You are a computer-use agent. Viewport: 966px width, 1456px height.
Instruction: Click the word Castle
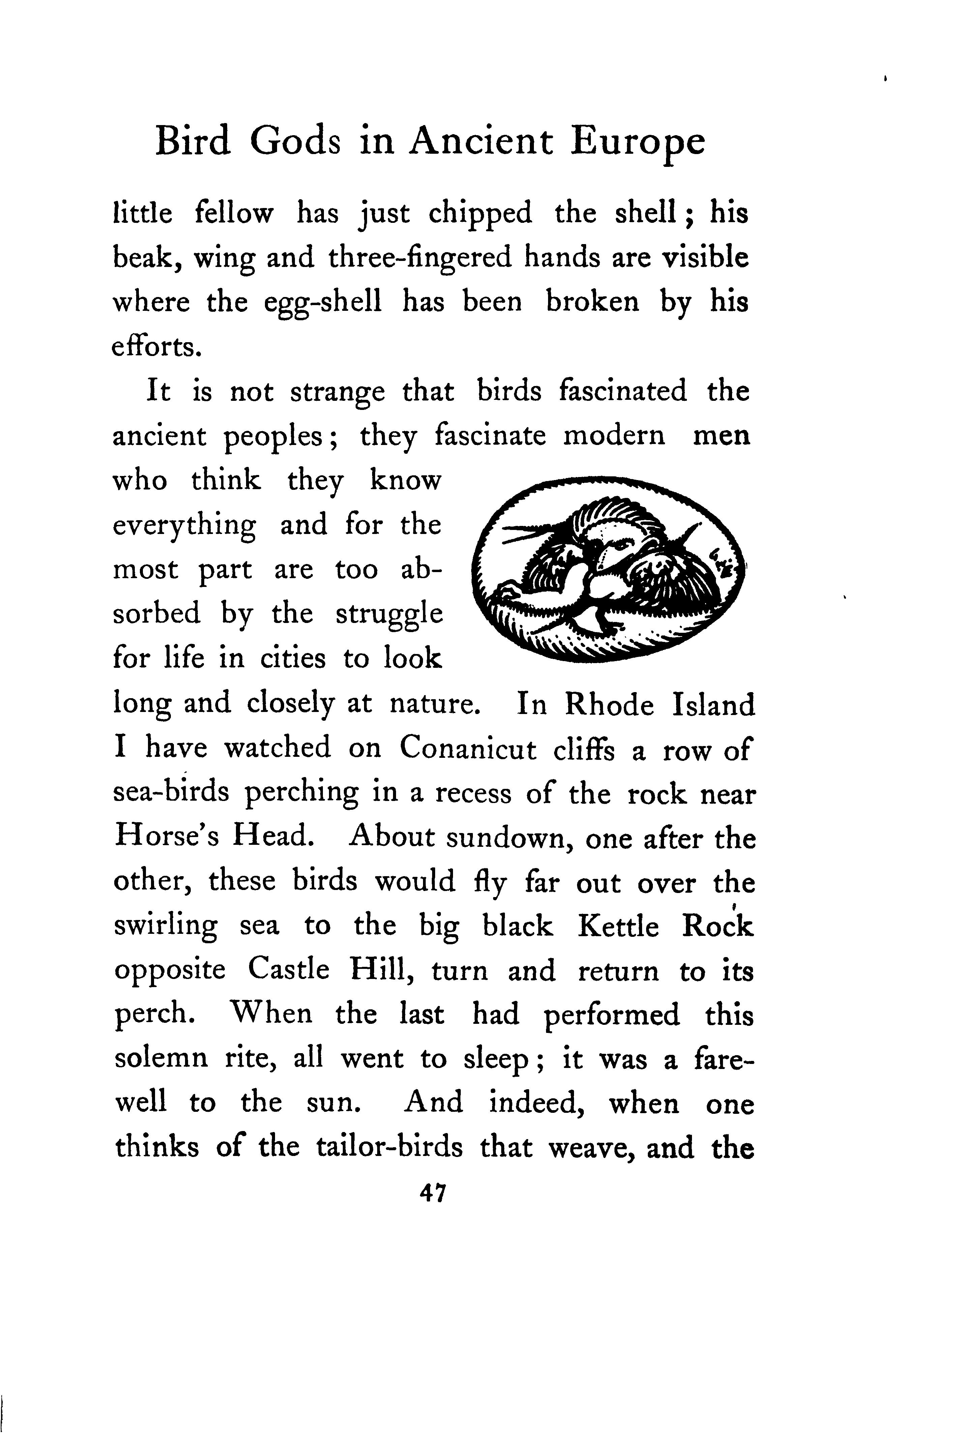pos(288,971)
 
